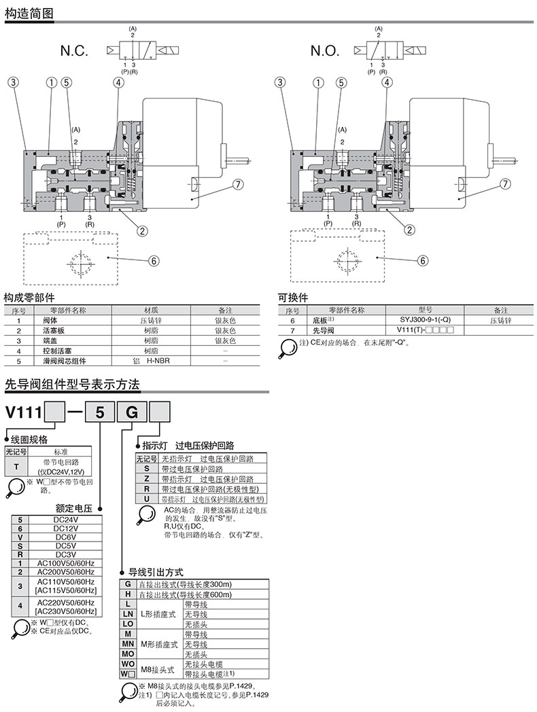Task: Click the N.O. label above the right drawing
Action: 324,50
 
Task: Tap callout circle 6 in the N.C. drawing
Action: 154,260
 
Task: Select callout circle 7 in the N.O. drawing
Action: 504,184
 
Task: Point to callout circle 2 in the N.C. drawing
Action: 143,230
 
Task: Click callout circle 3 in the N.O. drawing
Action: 279,83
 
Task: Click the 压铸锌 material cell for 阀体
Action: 151,320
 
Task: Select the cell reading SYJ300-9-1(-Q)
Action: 421,320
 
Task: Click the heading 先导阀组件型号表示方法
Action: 71,385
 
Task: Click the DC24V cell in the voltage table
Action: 63,520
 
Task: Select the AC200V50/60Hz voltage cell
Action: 63,572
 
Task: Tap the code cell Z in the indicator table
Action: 147,478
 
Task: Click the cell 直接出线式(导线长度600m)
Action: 185,594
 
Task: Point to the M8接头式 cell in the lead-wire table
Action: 159,669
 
